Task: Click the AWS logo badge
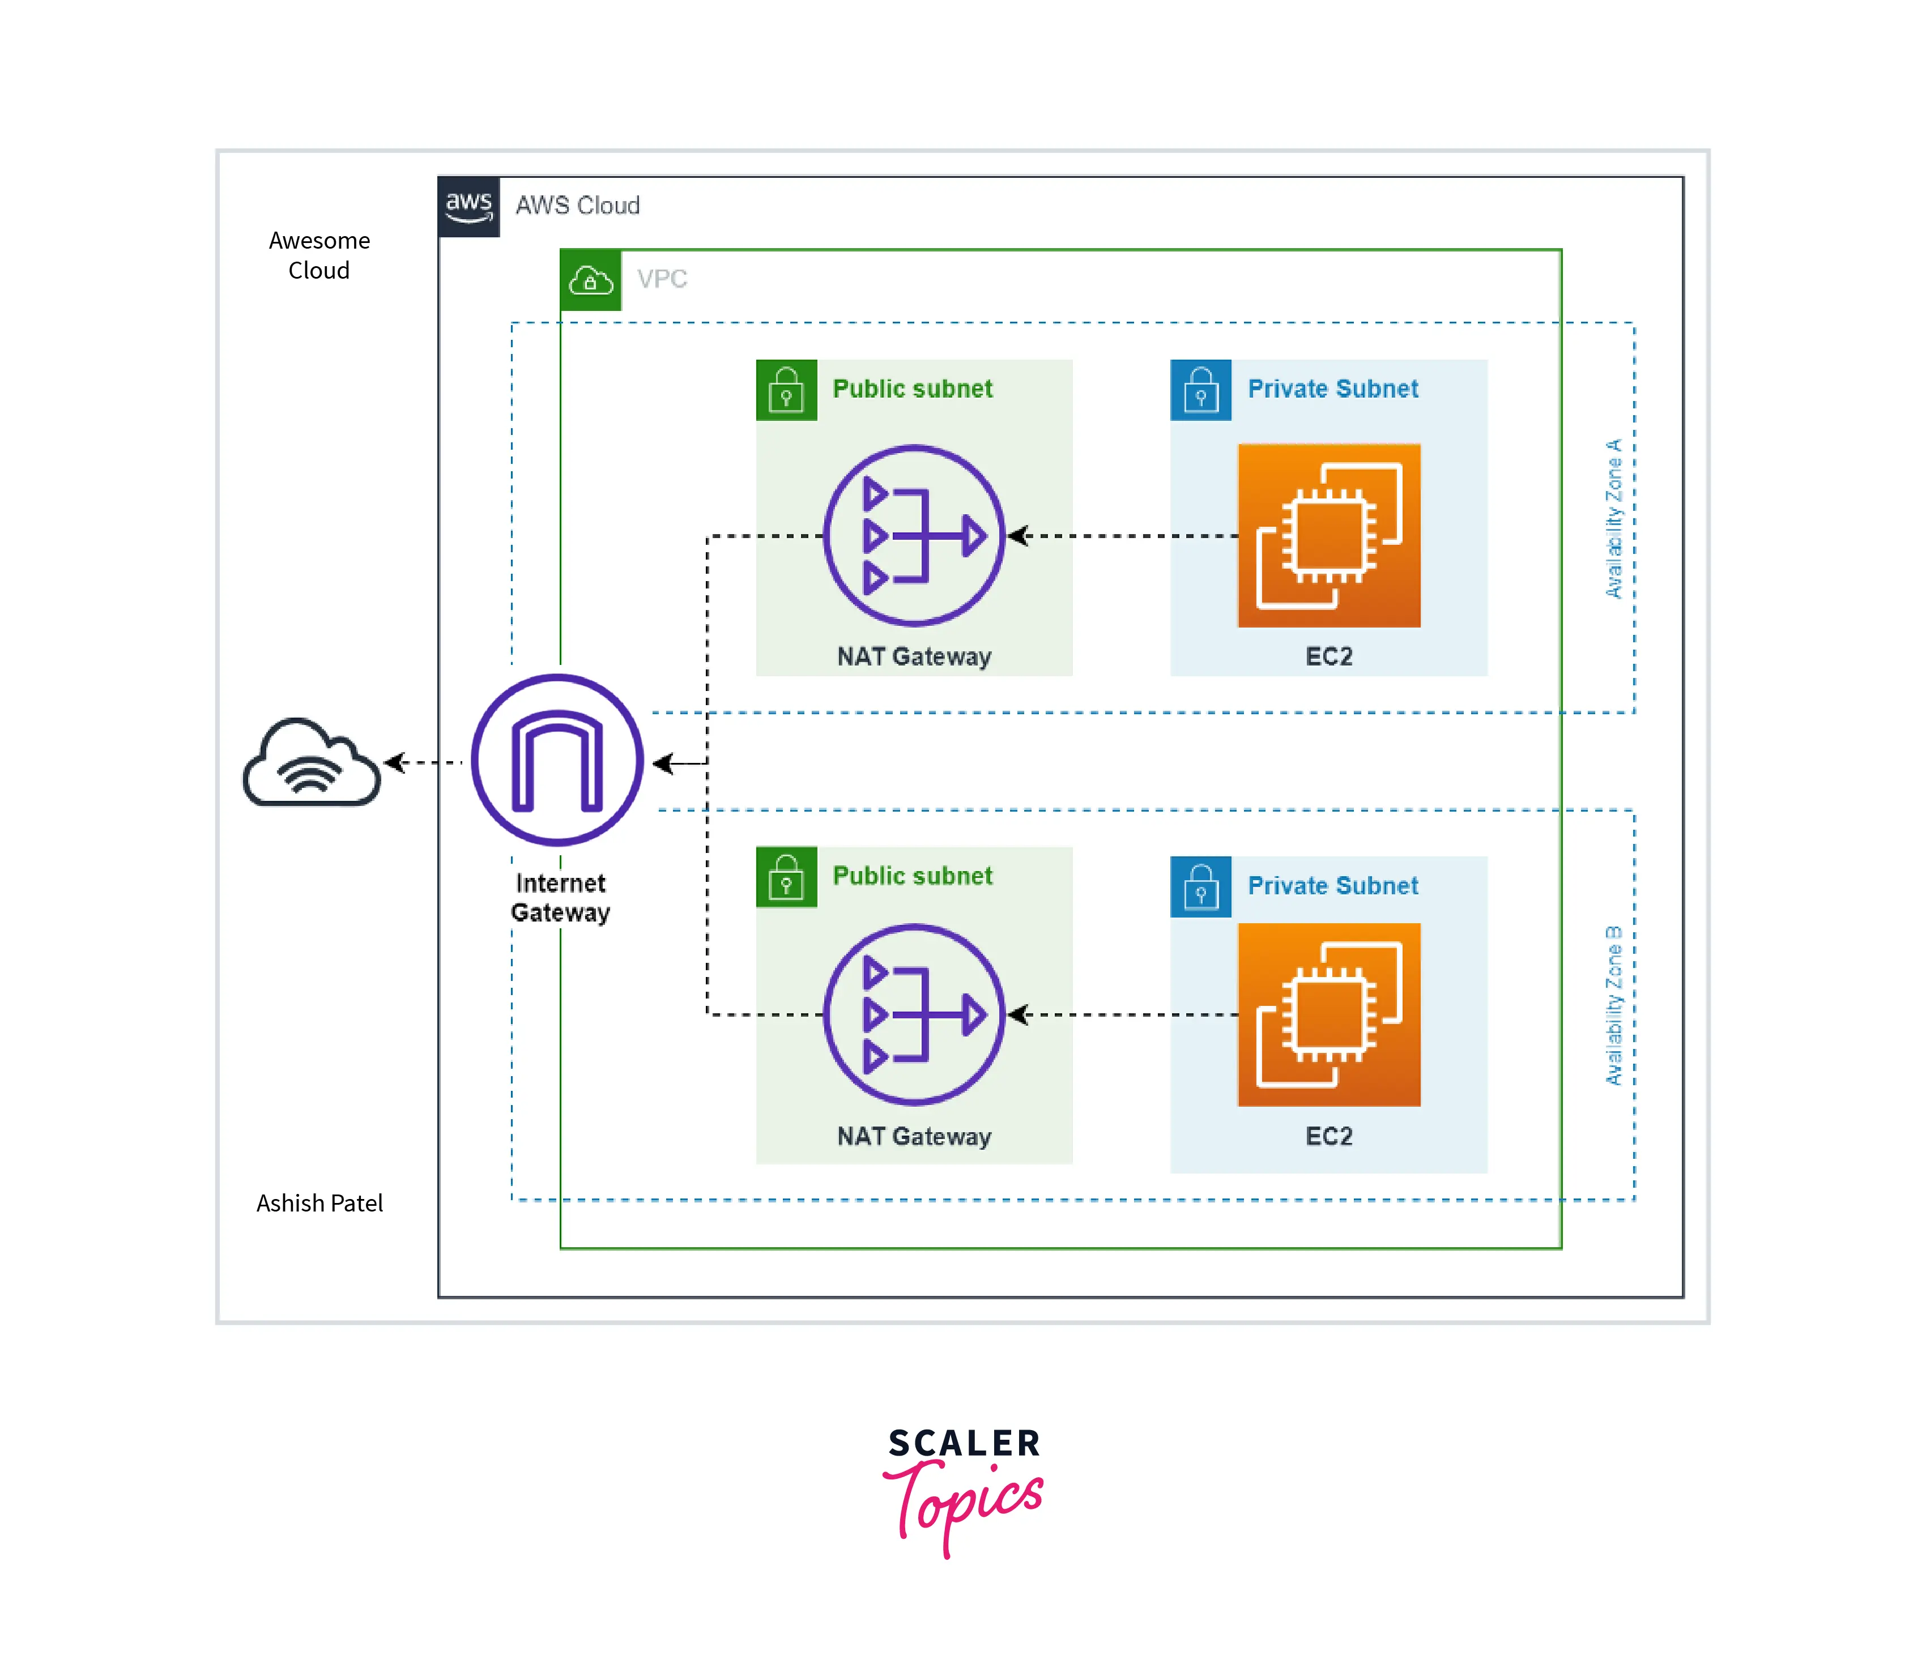pos(468,207)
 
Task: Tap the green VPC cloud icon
pos(590,280)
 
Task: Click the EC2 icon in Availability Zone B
pos(1328,1014)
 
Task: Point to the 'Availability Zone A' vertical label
pos(1613,518)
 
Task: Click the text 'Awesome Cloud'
pos(319,255)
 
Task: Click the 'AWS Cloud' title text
pos(577,206)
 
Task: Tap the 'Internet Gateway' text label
pos(560,897)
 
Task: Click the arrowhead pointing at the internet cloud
pos(395,762)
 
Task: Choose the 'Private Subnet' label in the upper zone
pos(1332,389)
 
